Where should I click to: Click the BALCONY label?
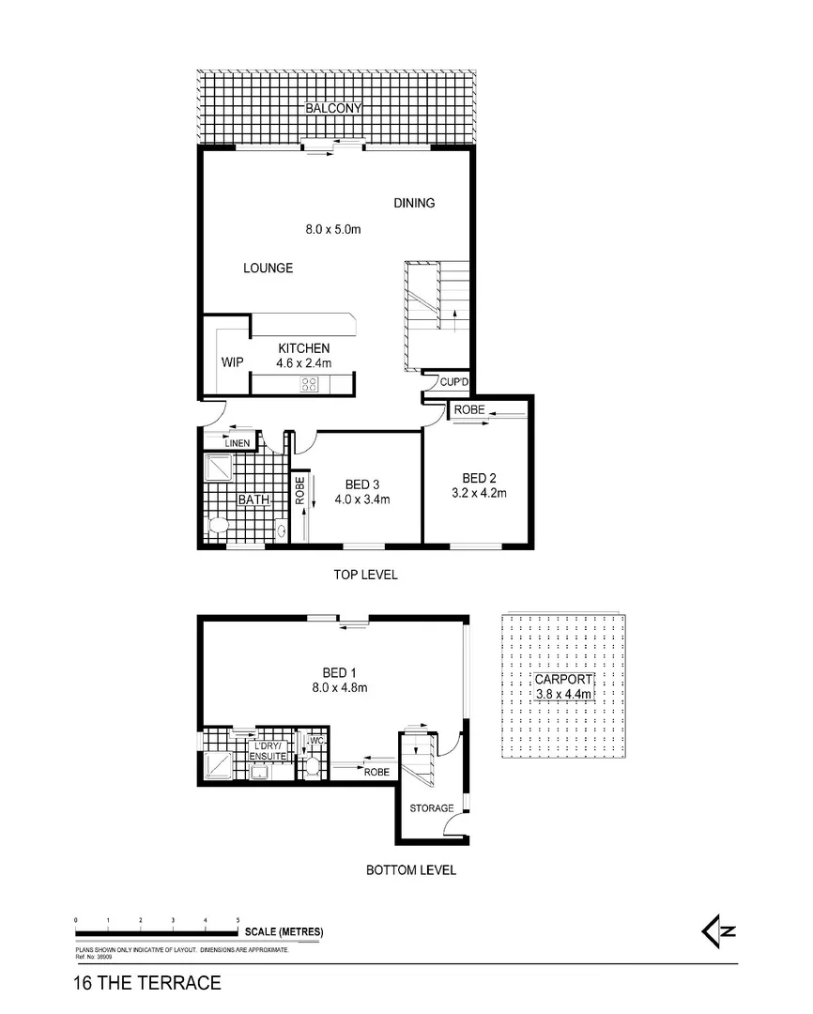[335, 110]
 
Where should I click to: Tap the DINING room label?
[414, 203]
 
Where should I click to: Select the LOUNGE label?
[268, 269]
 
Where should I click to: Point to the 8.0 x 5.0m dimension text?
[333, 228]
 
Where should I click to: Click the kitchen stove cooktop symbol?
[310, 383]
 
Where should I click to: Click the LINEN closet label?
[238, 443]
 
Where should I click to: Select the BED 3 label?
[362, 484]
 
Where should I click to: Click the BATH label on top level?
[253, 500]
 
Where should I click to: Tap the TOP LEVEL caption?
[366, 575]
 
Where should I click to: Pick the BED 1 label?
[339, 672]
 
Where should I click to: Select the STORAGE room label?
[432, 808]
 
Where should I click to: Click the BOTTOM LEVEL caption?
[411, 870]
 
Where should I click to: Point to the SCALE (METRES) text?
[284, 932]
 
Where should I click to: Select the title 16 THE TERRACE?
[146, 984]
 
